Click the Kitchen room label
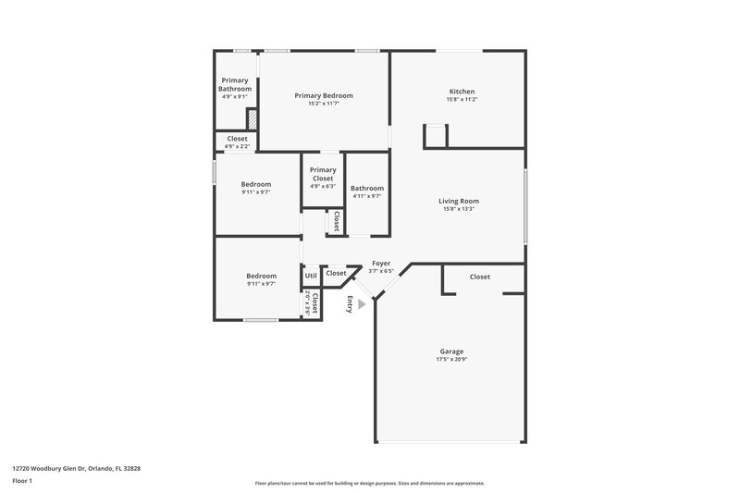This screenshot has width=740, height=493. (462, 92)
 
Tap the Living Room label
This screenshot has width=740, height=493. (459, 201)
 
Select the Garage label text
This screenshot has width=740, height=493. (451, 351)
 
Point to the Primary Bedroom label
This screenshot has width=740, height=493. (324, 95)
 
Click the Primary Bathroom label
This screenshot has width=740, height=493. (234, 84)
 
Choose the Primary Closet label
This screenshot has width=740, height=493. (323, 173)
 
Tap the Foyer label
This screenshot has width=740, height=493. (381, 263)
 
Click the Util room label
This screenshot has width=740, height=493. (311, 275)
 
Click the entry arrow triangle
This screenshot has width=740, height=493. (362, 303)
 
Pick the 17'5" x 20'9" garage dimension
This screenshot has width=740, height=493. (451, 360)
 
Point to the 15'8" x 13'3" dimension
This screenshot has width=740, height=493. (459, 209)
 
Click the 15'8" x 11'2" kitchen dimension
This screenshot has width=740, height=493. (462, 100)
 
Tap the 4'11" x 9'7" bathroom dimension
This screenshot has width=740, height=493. (367, 196)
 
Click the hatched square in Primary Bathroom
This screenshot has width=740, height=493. (251, 119)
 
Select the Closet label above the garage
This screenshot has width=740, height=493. (480, 277)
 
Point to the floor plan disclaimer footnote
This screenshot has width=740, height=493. (369, 483)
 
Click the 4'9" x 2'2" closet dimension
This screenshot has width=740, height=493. (237, 146)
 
